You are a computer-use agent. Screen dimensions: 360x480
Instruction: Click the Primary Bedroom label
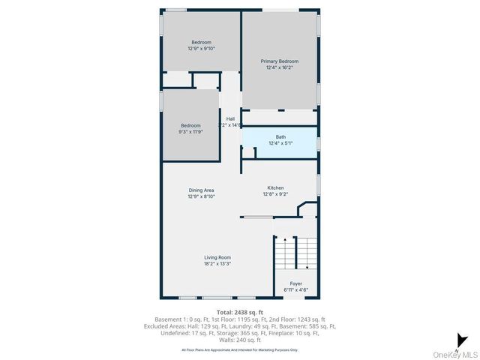[x=279, y=61]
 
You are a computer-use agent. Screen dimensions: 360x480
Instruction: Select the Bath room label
[x=280, y=136]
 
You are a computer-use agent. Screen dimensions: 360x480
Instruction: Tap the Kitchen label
[x=275, y=187]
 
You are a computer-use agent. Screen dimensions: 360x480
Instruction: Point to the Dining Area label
[x=201, y=190]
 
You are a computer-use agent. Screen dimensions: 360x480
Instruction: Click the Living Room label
[x=217, y=257]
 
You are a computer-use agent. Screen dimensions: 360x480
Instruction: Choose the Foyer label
[x=295, y=283]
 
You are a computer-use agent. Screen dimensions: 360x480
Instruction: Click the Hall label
[x=231, y=118]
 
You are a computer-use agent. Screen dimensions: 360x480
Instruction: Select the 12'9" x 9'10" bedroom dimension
[x=201, y=49]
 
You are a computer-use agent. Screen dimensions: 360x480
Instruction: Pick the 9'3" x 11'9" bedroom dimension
[x=190, y=131]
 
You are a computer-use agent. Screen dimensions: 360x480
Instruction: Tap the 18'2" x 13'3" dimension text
[x=217, y=263]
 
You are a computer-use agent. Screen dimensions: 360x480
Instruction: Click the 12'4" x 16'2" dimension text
[x=279, y=67]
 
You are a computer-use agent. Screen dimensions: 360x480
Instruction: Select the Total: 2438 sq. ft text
[x=239, y=311]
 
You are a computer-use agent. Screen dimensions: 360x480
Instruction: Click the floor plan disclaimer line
[x=239, y=349]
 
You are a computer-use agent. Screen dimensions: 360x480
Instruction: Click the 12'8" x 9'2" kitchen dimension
[x=275, y=194]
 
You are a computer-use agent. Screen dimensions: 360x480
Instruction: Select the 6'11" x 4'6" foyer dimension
[x=295, y=289]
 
